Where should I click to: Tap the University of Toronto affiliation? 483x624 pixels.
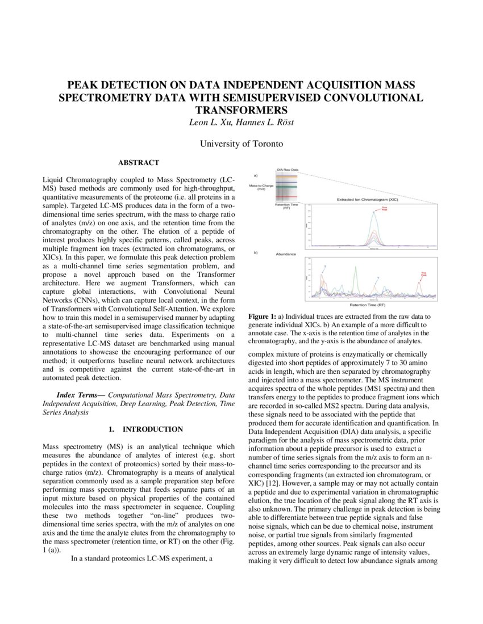click(241, 144)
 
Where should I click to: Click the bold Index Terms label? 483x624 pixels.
click(80, 394)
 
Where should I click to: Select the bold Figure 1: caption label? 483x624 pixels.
click(263, 316)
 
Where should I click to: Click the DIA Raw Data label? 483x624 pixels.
click(288, 169)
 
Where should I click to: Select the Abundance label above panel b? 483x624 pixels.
click(286, 254)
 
